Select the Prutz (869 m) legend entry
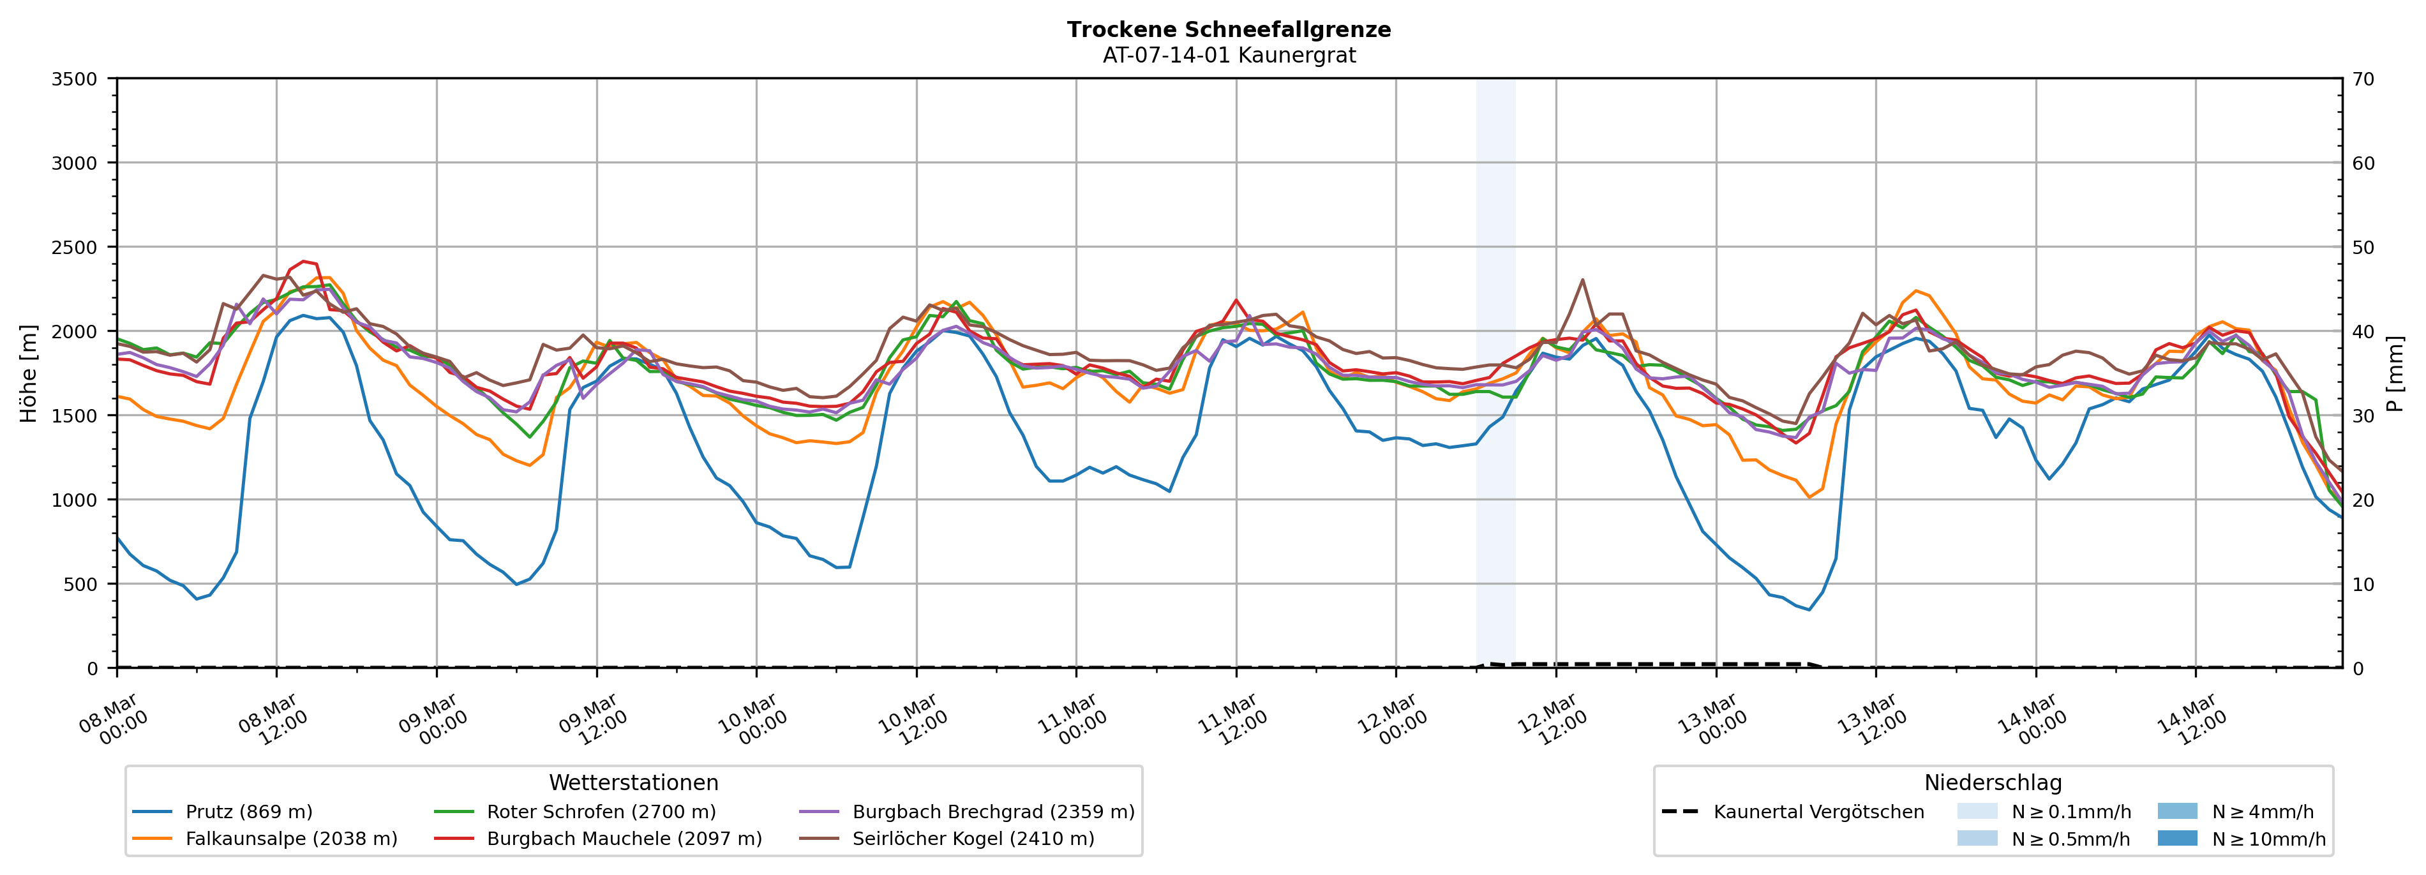click(249, 812)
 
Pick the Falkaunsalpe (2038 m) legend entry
click(291, 838)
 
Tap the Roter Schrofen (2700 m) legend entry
click(601, 812)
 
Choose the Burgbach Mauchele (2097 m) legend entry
click(624, 838)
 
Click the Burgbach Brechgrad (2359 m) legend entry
click(992, 812)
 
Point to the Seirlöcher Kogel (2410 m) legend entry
click(973, 838)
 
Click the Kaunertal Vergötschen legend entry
click(1818, 812)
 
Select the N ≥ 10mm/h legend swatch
click(2176, 838)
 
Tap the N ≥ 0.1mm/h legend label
click(2071, 812)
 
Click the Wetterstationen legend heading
click(633, 782)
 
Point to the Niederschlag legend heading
click(1993, 782)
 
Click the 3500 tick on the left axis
click(75, 79)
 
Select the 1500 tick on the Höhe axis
click(75, 415)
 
